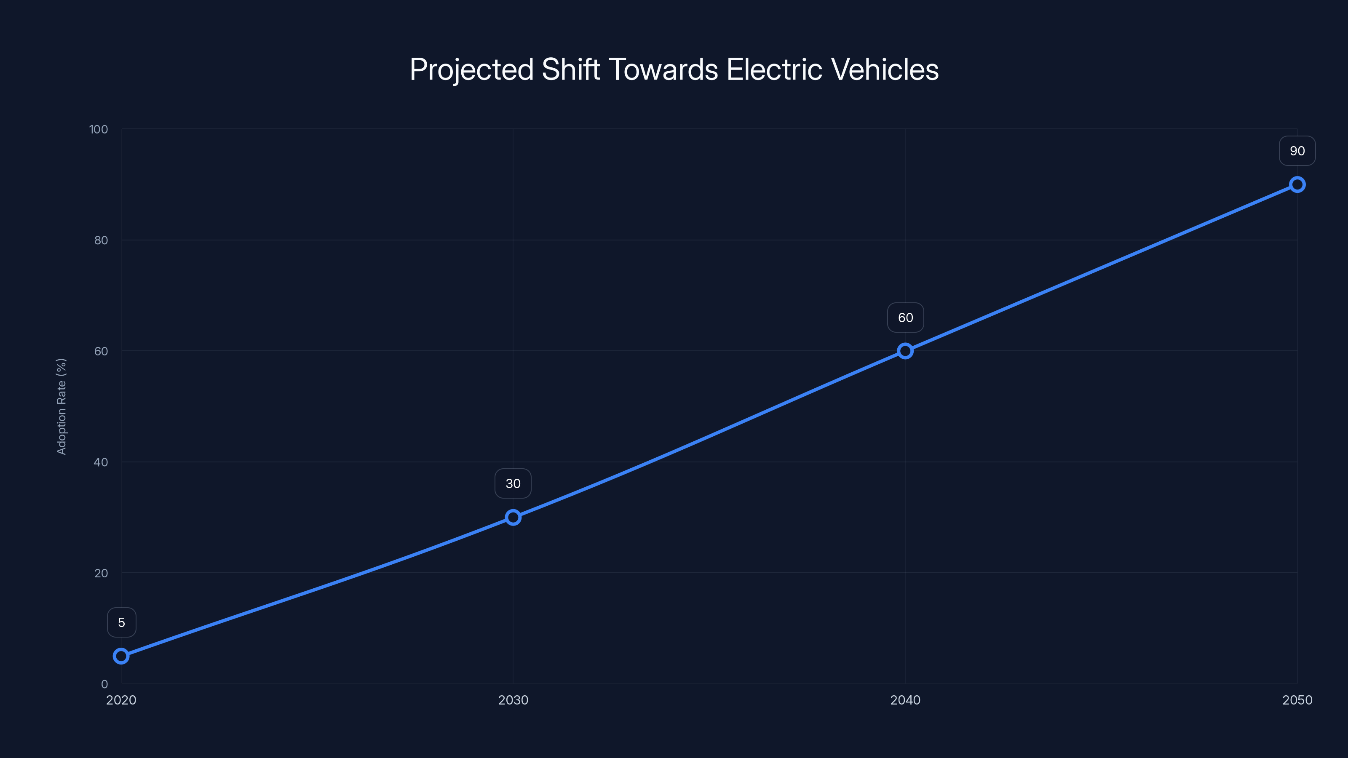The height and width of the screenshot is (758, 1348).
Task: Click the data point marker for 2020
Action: click(x=121, y=656)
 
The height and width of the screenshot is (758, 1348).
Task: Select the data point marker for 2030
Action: click(x=513, y=518)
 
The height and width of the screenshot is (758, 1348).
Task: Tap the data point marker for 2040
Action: click(x=905, y=351)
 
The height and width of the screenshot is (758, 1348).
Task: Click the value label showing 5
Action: click(x=121, y=622)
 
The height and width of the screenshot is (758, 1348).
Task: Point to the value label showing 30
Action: click(x=513, y=484)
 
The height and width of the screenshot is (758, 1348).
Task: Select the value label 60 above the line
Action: click(x=905, y=318)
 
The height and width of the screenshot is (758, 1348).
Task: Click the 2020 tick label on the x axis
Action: click(x=121, y=700)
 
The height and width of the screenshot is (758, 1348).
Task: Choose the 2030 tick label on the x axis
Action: click(x=513, y=700)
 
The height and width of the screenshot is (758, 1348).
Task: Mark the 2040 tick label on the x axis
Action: click(x=905, y=700)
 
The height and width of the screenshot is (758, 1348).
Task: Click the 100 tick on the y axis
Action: click(x=99, y=129)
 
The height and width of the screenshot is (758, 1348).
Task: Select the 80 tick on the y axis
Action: click(x=101, y=240)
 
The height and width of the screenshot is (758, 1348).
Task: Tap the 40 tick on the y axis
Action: click(x=101, y=462)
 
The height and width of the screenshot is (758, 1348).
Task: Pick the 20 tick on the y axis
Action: click(x=101, y=573)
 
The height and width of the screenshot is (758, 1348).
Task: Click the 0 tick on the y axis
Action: click(x=104, y=684)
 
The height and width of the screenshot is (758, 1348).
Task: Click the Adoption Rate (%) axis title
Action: click(x=61, y=406)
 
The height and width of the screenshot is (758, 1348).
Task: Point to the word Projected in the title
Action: click(x=471, y=69)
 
